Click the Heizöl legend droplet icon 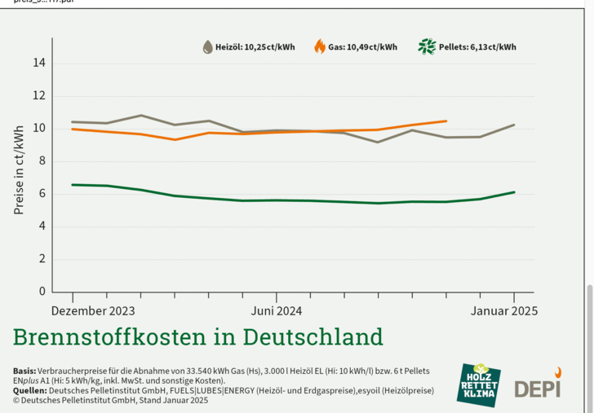(208, 47)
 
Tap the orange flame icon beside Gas (320, 46)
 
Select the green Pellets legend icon (427, 46)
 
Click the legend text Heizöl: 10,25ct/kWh (255, 47)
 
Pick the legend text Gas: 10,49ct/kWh (364, 47)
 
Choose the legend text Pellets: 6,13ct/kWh (477, 47)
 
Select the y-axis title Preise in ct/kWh (19, 169)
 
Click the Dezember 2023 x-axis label (92, 310)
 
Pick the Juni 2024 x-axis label (277, 310)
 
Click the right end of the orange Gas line (445, 121)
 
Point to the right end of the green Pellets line (513, 192)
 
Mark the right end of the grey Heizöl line (513, 125)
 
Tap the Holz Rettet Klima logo (479, 384)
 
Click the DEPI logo (538, 386)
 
